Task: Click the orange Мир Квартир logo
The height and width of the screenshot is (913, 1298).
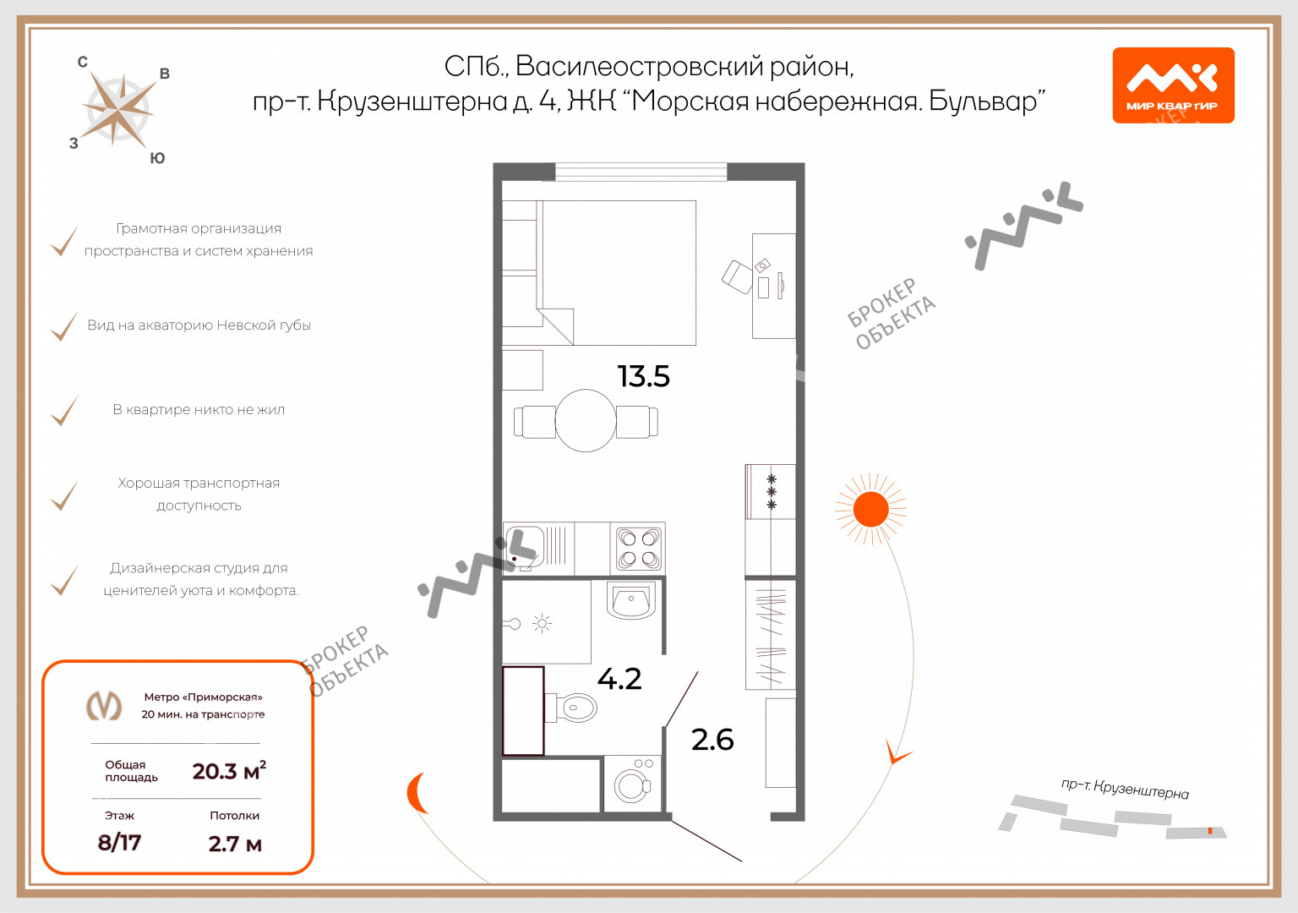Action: (x=1174, y=85)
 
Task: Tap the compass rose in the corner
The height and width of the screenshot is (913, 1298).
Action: (x=120, y=110)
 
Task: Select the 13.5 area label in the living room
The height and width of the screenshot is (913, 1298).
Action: (x=644, y=376)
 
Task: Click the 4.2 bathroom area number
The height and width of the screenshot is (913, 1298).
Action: (x=619, y=679)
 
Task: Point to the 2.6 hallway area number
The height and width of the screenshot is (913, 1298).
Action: (x=712, y=740)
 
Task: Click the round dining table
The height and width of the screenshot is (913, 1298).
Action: (x=586, y=420)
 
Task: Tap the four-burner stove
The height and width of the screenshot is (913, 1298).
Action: (x=638, y=548)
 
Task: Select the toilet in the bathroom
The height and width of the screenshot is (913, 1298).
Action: (x=571, y=708)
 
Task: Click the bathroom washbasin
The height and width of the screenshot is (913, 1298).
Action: (x=630, y=600)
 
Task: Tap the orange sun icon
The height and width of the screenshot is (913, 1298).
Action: (x=871, y=509)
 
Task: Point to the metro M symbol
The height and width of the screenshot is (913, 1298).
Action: (x=104, y=706)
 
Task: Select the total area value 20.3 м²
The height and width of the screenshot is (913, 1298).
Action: (x=230, y=771)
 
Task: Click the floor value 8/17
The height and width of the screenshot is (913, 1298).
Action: (x=119, y=842)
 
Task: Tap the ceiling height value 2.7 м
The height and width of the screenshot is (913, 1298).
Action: (x=235, y=844)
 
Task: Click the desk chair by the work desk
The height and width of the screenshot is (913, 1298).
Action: (x=737, y=277)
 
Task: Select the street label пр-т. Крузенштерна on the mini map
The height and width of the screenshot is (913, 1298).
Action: (x=1125, y=789)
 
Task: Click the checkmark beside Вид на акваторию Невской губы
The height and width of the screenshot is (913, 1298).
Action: (x=64, y=326)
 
